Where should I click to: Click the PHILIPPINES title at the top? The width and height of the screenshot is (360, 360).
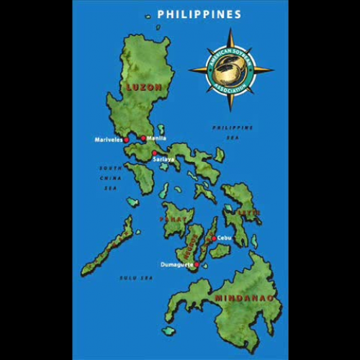[199, 14]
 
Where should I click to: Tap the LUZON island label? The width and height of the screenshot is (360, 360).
[143, 88]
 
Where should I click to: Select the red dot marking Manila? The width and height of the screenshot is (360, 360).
[143, 138]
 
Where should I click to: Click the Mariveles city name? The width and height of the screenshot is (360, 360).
[109, 139]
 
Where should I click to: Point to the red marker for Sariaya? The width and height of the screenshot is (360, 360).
[154, 153]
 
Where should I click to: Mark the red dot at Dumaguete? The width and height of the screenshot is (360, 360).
[197, 264]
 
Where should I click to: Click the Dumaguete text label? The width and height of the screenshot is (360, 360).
[176, 265]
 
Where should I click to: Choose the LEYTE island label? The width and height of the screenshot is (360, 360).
[250, 212]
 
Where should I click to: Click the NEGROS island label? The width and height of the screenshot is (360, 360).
[191, 248]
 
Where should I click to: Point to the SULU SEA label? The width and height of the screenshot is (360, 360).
[136, 277]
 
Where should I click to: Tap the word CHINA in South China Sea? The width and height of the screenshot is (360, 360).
[110, 177]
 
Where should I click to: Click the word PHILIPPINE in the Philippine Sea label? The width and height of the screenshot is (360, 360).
[232, 127]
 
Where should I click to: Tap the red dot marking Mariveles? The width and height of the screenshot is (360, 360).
[127, 140]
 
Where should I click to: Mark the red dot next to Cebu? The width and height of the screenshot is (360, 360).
[213, 238]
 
